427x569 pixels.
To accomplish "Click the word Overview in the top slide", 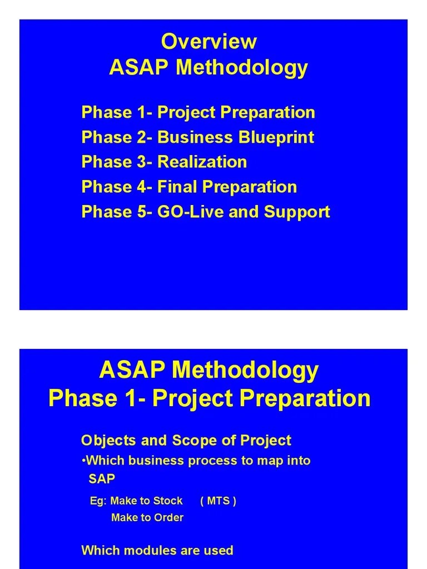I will [x=208, y=42].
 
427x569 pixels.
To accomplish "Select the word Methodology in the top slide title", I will [x=241, y=68].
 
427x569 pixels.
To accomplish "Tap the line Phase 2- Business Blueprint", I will [x=197, y=137].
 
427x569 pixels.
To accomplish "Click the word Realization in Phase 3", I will [x=202, y=162].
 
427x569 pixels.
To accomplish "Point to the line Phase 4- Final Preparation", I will [x=189, y=187].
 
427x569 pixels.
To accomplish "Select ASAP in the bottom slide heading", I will [x=133, y=371].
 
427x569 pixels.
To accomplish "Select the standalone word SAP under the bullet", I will [x=101, y=478].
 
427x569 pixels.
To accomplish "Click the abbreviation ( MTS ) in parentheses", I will [x=218, y=501].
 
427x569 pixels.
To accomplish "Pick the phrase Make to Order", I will [x=147, y=518].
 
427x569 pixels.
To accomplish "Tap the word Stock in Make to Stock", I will [x=168, y=501].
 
